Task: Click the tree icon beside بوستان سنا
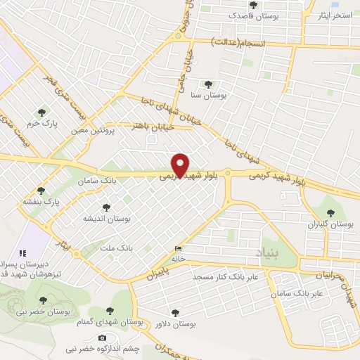click(x=207, y=84)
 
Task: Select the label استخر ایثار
click(x=335, y=15)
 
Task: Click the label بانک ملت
click(x=116, y=248)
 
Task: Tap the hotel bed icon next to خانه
click(x=178, y=249)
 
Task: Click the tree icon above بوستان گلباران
click(x=330, y=213)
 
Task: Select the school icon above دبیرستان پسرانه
click(x=22, y=252)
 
